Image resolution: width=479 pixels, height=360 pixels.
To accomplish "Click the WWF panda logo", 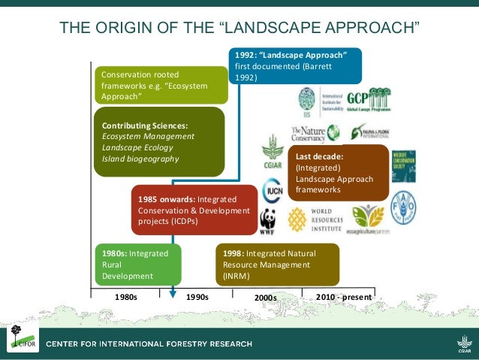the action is pos(268,222).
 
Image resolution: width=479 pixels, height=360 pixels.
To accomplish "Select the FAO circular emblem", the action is pos(402,209).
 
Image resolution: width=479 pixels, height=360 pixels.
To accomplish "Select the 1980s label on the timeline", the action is pos(126,297).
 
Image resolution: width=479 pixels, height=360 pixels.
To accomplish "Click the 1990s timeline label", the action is pos(197,297).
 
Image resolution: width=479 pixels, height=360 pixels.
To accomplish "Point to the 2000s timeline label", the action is pos(265,298).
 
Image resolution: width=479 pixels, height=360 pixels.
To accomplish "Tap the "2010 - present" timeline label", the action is pos(344,297).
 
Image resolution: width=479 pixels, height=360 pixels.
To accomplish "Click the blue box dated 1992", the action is pos(295,66).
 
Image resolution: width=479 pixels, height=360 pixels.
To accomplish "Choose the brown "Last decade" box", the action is pos(337,174).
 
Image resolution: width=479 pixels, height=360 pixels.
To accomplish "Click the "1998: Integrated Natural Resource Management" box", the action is pos(277,265).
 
